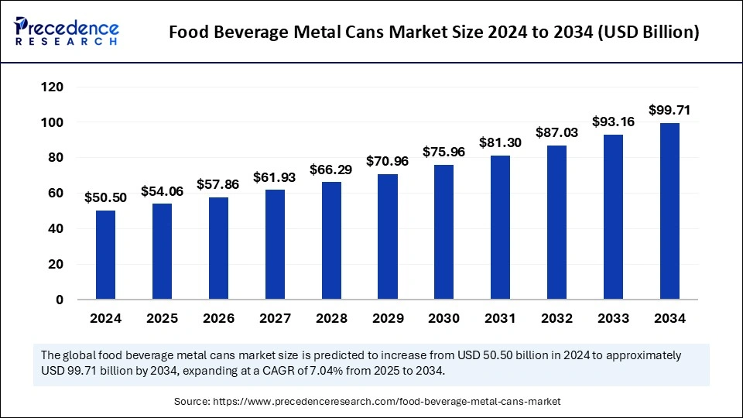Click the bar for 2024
coord(105,255)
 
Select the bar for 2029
coord(388,237)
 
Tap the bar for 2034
coord(669,211)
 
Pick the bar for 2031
coord(501,228)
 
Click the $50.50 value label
coord(105,198)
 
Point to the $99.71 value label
coord(669,111)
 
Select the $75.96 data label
coord(444,152)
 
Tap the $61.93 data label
coord(275,177)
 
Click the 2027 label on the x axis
coord(275,318)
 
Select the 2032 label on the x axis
coord(557,318)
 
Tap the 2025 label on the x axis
coord(162,318)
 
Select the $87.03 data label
coord(557,132)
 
